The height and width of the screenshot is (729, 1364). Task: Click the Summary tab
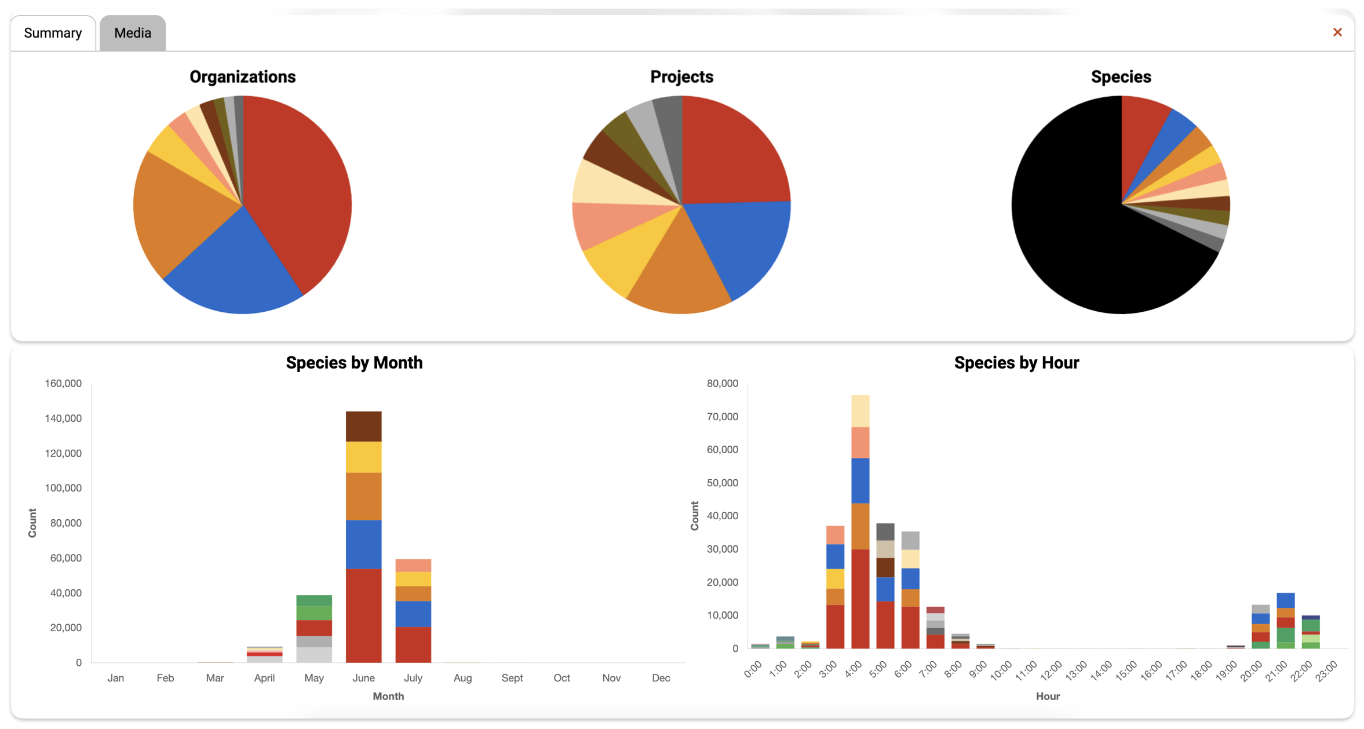pos(53,33)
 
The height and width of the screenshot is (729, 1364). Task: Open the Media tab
pos(133,33)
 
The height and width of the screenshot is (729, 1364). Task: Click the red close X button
pos(1337,32)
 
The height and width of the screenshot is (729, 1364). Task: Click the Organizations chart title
pos(242,76)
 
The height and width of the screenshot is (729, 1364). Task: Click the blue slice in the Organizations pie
pos(232,267)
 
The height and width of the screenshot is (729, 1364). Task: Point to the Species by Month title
pos(354,363)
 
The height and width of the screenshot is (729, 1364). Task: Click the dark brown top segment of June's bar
pos(363,427)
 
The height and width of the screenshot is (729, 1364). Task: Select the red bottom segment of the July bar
pos(413,644)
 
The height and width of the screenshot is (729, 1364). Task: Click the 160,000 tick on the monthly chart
pos(63,384)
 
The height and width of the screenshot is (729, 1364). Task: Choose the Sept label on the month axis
pos(512,678)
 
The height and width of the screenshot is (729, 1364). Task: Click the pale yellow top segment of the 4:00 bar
pos(860,411)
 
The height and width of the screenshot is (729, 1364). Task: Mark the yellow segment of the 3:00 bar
pos(835,578)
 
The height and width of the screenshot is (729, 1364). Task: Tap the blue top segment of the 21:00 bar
pos(1285,600)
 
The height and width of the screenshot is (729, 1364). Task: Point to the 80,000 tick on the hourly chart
pos(722,384)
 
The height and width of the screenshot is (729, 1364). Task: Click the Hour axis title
pos(1048,697)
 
